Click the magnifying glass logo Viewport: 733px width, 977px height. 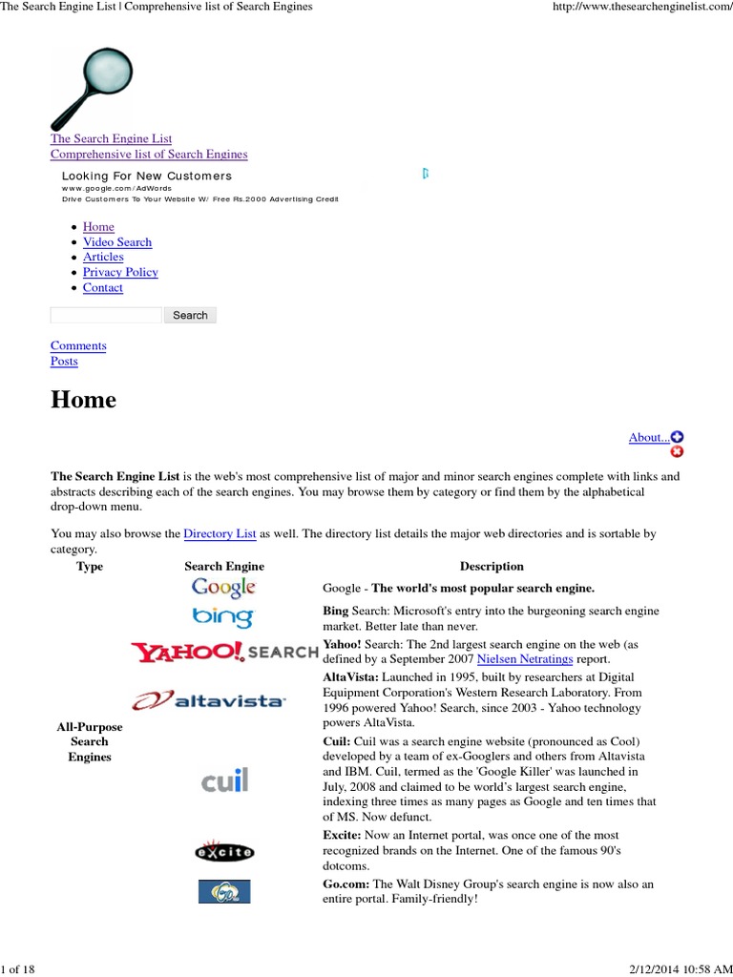pos(93,87)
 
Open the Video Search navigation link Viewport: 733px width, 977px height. pos(117,242)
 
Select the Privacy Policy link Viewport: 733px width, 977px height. pos(120,273)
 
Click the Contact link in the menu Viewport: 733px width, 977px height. pos(103,288)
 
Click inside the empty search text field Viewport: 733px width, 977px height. pos(106,315)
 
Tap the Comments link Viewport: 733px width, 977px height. pos(78,346)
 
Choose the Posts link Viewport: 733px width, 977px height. pos(64,362)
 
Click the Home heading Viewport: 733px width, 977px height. pos(84,400)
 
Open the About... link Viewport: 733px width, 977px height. pos(649,438)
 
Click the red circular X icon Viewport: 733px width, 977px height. pos(678,451)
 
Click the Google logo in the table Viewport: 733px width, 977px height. pos(223,588)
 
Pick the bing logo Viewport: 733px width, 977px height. pos(223,617)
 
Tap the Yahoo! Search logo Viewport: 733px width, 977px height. pos(224,652)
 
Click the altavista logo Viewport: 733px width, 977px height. pos(223,701)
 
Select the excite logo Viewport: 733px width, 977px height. pos(223,850)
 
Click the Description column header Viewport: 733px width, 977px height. pos(492,567)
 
